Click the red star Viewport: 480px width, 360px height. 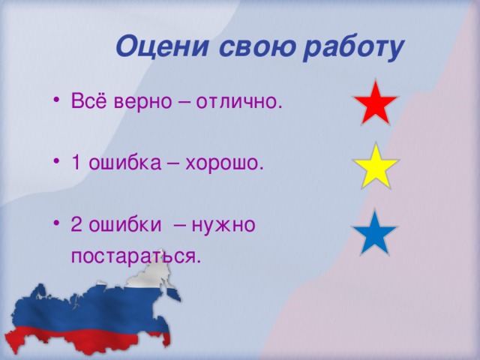pyautogui.click(x=374, y=103)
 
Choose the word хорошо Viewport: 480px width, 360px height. pyautogui.click(x=228, y=163)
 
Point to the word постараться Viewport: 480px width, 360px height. pyautogui.click(x=136, y=256)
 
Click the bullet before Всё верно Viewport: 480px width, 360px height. pyautogui.click(x=58, y=102)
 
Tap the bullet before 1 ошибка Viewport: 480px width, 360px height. pyautogui.click(x=58, y=163)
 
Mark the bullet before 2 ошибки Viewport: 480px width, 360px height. pyautogui.click(x=58, y=225)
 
